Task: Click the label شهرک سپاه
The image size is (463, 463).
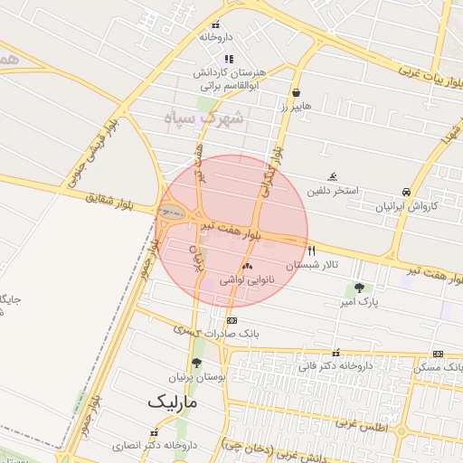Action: (205, 118)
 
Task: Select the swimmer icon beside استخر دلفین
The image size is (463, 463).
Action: (334, 176)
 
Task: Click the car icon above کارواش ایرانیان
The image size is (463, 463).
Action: (406, 192)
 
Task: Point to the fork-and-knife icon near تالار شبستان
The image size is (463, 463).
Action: (312, 250)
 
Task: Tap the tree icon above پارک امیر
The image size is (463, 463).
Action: (360, 288)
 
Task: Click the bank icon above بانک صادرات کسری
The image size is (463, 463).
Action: (232, 320)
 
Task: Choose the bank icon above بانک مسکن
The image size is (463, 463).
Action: (438, 354)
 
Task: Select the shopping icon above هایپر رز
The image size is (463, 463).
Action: (296, 92)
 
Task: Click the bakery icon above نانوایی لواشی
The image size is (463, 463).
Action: (246, 267)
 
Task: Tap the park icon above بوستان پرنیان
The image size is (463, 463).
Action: (196, 363)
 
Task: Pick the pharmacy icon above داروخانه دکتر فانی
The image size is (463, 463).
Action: (336, 354)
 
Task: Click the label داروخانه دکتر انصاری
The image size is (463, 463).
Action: (155, 446)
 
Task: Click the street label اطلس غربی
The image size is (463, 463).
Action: (362, 423)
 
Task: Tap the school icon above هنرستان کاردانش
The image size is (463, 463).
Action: (228, 59)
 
